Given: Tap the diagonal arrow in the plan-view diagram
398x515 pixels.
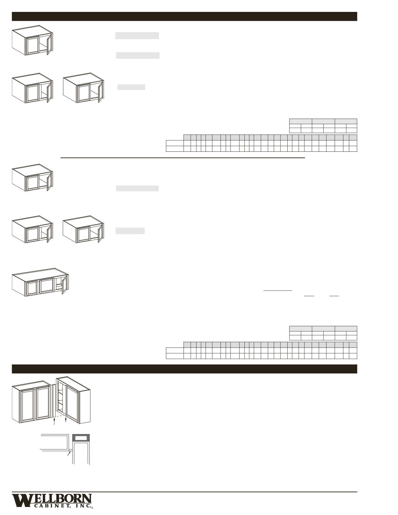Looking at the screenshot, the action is [x=70, y=453].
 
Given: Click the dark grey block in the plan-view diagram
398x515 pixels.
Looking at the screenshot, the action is [x=81, y=438].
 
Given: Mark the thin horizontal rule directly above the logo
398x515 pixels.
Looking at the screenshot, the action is [x=184, y=492].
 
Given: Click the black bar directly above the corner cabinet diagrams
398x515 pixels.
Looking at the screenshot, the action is [x=184, y=369].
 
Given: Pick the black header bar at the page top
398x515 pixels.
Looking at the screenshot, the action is [x=184, y=16].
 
